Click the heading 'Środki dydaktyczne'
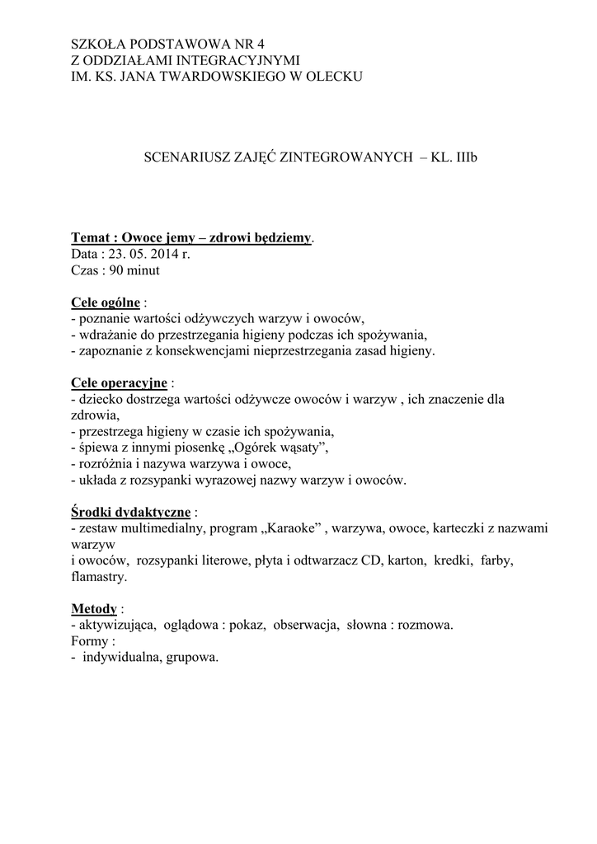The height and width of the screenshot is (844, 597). coord(131,512)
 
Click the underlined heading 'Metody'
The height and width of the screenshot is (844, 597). coord(94,609)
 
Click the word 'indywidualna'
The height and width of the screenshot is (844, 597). coord(122,658)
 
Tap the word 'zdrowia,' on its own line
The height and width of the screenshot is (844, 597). coord(96,415)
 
